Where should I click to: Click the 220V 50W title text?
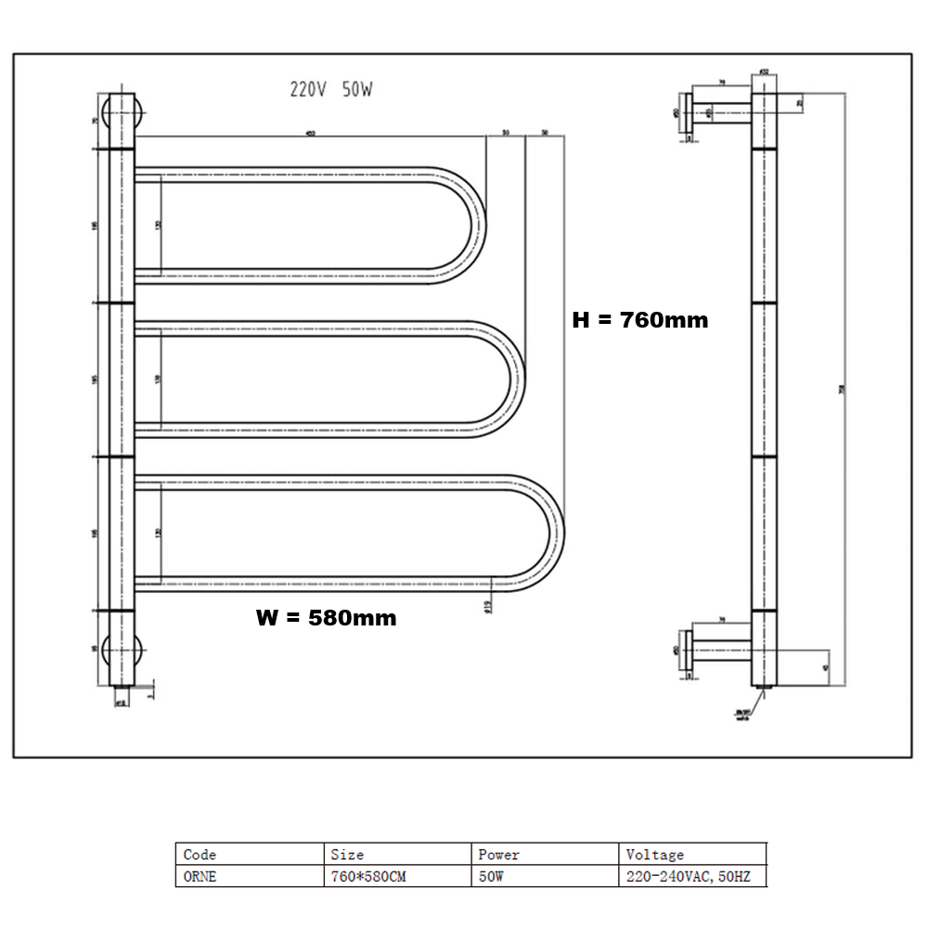pos(331,90)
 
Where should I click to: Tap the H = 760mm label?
pos(639,320)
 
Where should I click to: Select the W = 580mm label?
pos(326,618)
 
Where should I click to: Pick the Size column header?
pos(347,854)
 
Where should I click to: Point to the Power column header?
pos(498,854)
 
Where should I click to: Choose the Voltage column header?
pos(654,854)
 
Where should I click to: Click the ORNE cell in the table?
pos(200,876)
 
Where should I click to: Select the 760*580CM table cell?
pos(368,876)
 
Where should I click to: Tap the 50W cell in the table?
pos(491,876)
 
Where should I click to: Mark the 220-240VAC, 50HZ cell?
pos(688,876)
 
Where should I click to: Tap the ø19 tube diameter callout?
pos(487,605)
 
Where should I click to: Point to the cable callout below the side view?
pos(743,715)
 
